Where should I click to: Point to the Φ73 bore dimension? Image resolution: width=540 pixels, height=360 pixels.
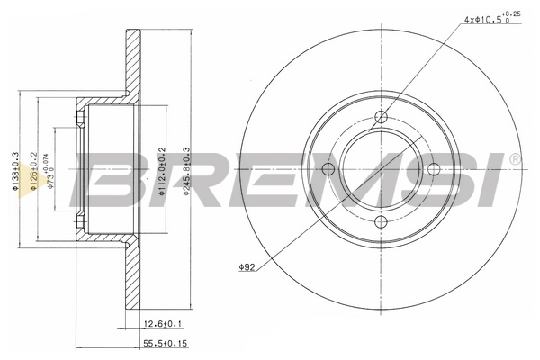[53, 169]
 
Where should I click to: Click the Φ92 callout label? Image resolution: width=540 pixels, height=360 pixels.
[248, 266]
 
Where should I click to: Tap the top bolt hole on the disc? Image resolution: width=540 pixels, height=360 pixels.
[381, 116]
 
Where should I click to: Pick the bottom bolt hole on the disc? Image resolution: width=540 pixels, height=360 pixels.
[381, 222]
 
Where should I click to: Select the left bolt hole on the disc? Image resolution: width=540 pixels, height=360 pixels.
[328, 169]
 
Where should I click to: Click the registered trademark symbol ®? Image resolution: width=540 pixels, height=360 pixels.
[514, 159]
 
